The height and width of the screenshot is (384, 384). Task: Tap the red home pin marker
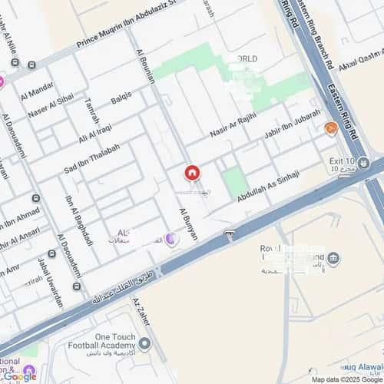[x=192, y=174]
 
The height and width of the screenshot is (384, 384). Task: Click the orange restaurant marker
[x=331, y=127]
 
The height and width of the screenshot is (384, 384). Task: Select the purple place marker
[x=171, y=239]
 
